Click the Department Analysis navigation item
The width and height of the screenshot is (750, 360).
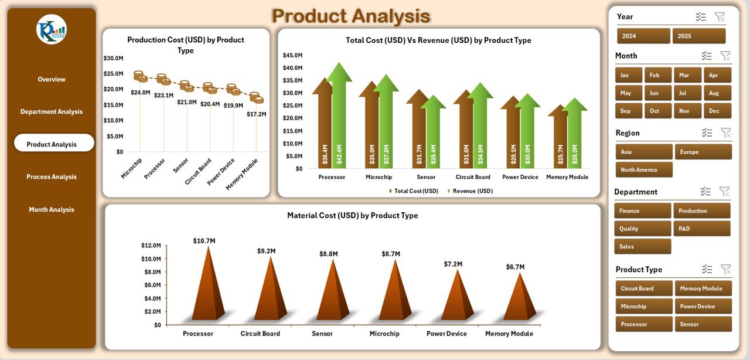pos(52,112)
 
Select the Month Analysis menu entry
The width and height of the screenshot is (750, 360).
pos(52,210)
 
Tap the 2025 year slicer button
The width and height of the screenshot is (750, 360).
pos(698,36)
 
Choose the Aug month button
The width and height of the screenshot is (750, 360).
pos(717,93)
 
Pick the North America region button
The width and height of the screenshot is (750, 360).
pos(643,170)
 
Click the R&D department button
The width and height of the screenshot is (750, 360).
pos(701,229)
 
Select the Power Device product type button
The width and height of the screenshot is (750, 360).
pos(703,307)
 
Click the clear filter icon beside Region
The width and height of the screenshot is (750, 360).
pos(725,133)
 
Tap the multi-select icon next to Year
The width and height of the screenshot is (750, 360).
pos(701,17)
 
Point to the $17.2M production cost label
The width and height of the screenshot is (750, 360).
pos(257,114)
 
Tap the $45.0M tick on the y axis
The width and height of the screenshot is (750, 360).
pos(292,55)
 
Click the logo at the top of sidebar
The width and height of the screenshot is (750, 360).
pos(52,29)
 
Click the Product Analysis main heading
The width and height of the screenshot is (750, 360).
pos(351,16)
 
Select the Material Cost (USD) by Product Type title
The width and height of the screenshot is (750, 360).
pos(352,216)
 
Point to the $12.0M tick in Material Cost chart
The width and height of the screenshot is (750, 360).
pos(151,246)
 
